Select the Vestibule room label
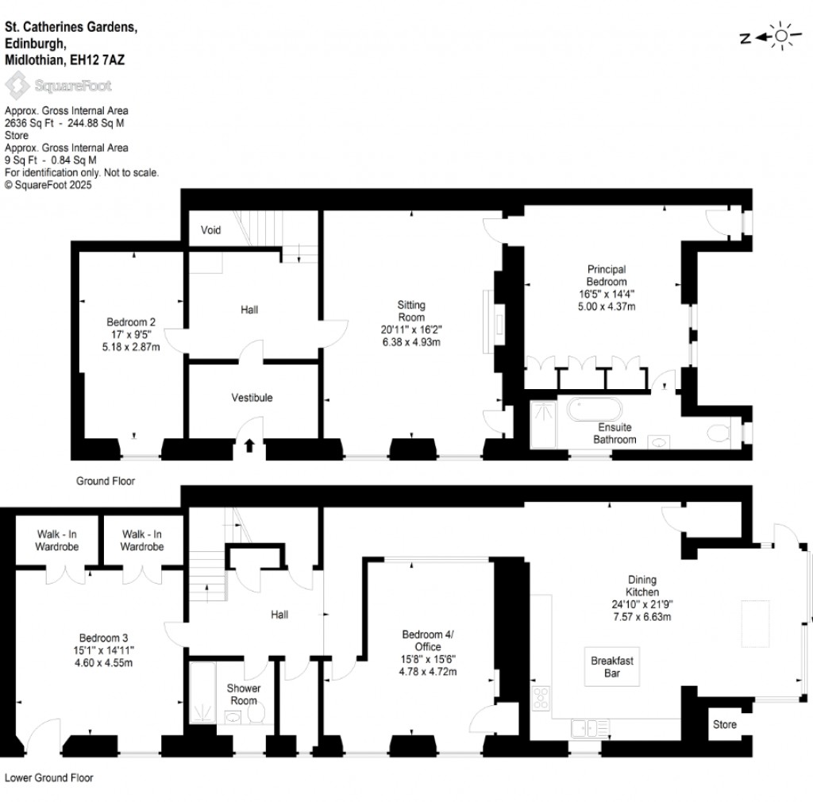pyautogui.click(x=252, y=397)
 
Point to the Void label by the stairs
pyautogui.click(x=210, y=230)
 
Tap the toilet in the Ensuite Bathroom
pyautogui.click(x=719, y=433)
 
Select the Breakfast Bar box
pyautogui.click(x=612, y=666)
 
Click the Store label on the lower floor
pyautogui.click(x=724, y=724)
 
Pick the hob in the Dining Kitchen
pyautogui.click(x=542, y=699)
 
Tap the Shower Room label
pyautogui.click(x=243, y=694)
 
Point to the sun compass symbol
pyautogui.click(x=783, y=36)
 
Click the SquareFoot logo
pyautogui.click(x=59, y=85)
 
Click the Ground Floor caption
pyautogui.click(x=105, y=480)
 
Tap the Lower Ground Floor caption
pyautogui.click(x=49, y=777)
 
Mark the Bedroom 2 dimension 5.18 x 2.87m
pyautogui.click(x=131, y=346)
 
